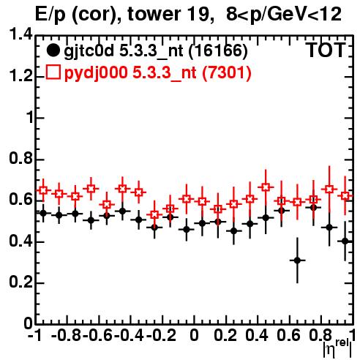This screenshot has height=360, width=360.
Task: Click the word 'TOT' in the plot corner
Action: click(x=326, y=50)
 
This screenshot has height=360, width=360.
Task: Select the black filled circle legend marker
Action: click(x=53, y=50)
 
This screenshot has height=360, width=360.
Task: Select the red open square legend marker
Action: click(x=53, y=72)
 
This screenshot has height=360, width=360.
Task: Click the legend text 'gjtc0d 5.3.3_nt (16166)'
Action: click(x=156, y=51)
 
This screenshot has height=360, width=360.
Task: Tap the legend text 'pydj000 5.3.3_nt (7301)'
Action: click(x=158, y=72)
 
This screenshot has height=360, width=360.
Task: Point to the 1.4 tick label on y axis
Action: click(x=20, y=35)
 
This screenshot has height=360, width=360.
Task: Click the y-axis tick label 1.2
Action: click(x=20, y=76)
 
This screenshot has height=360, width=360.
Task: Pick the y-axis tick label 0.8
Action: click(x=20, y=159)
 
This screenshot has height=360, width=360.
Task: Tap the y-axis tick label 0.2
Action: click(x=20, y=282)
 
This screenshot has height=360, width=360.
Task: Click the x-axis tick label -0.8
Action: click(x=67, y=335)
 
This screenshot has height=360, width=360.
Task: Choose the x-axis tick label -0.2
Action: click(x=161, y=335)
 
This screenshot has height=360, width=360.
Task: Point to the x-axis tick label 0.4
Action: click(x=257, y=335)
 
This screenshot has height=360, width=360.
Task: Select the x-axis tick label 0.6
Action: click(x=288, y=335)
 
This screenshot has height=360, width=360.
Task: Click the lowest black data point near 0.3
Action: click(x=297, y=260)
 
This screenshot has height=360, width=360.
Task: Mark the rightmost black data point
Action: click(x=345, y=241)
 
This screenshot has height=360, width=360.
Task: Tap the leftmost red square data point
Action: click(x=43, y=190)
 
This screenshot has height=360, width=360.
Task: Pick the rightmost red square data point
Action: click(x=345, y=196)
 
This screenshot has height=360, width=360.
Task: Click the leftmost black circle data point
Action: click(x=43, y=213)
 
